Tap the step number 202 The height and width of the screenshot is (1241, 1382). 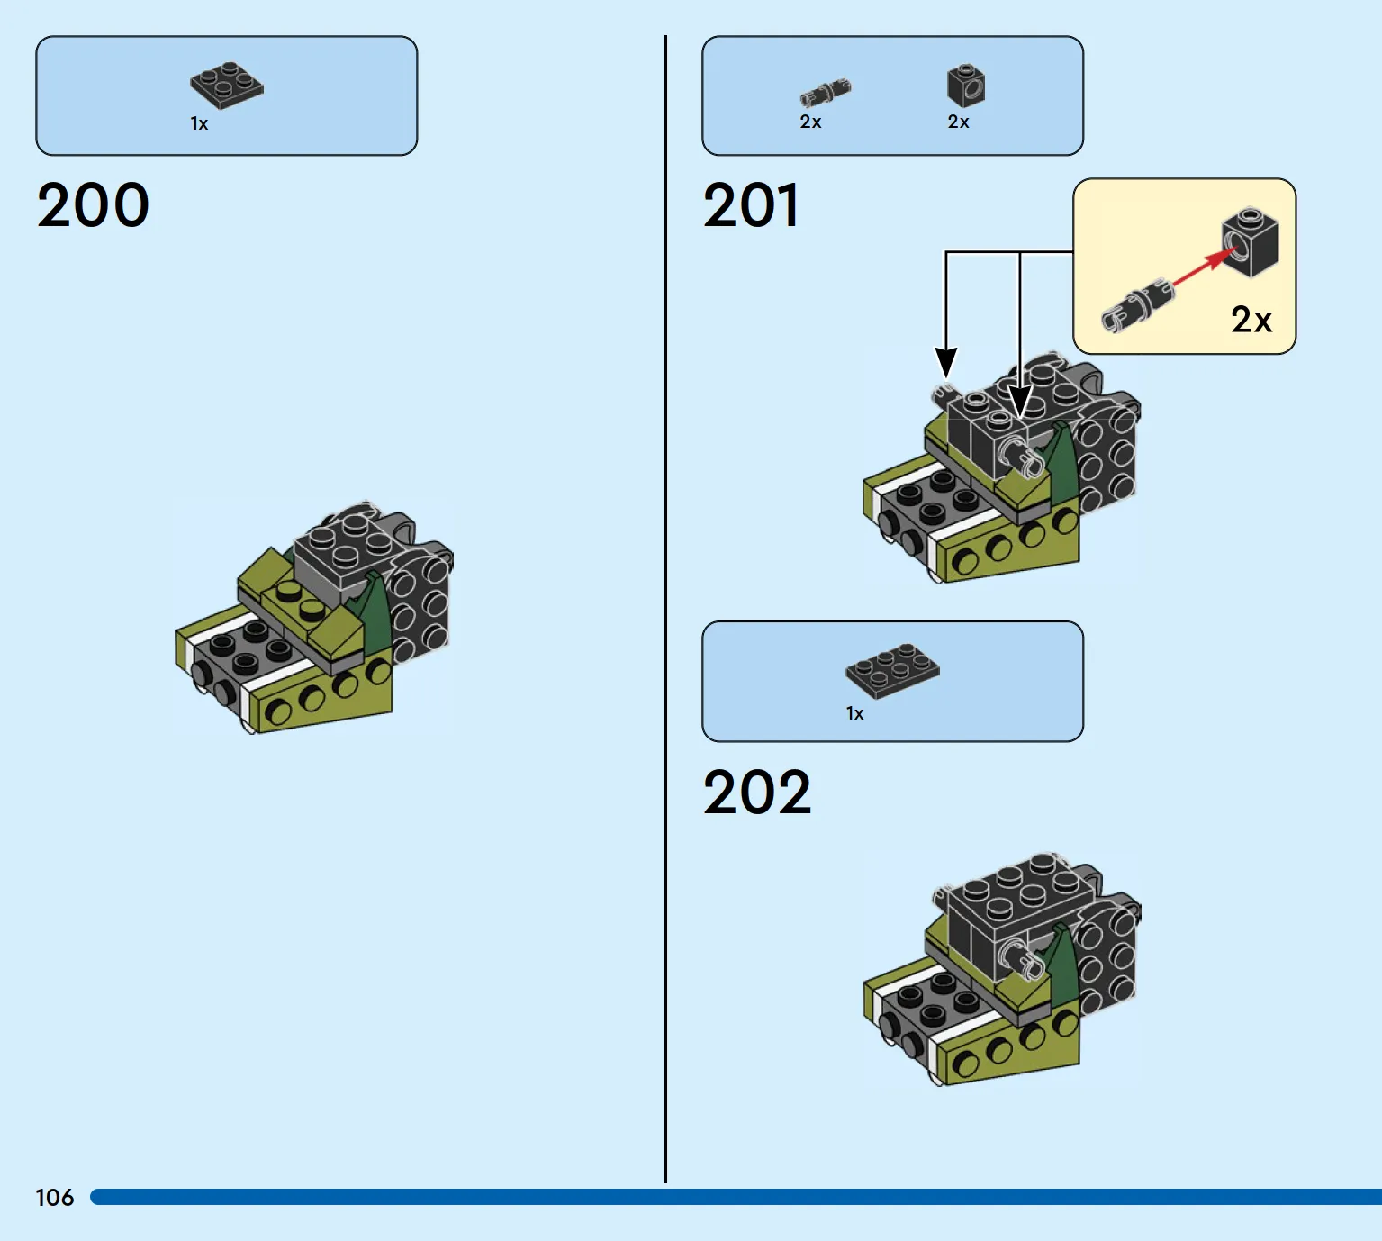point(757,792)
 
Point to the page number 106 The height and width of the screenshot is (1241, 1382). point(55,1198)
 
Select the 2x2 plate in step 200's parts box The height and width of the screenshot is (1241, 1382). point(227,85)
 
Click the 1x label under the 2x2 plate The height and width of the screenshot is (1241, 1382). point(199,123)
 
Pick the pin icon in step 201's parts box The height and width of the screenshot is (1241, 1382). point(826,93)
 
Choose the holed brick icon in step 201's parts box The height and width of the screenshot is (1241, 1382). point(967,86)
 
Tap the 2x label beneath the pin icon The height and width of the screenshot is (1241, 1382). point(810,122)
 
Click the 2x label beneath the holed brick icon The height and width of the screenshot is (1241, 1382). point(958,122)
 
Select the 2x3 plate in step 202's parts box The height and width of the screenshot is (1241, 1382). point(892,671)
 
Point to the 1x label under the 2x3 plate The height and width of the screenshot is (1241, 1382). point(854,713)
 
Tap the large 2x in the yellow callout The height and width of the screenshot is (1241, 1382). point(1251,320)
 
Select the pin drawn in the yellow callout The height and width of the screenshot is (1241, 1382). point(1138,306)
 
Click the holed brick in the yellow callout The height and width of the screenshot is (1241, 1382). point(1251,243)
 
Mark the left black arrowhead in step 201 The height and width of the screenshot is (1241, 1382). point(945,362)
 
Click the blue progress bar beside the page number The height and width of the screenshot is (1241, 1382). point(736,1197)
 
